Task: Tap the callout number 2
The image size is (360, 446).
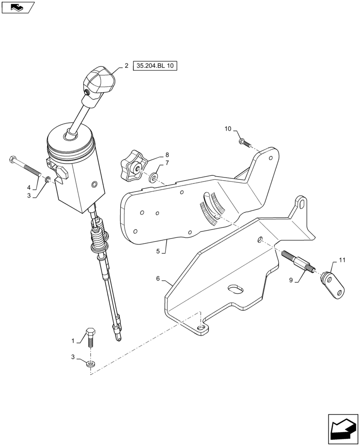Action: point(127,66)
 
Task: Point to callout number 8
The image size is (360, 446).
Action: point(154,155)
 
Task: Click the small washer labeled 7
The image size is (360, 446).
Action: point(154,178)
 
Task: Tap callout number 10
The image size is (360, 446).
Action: point(228,129)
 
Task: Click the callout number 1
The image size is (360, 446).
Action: point(73,341)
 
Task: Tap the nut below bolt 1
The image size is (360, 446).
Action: point(90,363)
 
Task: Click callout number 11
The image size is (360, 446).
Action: point(342,259)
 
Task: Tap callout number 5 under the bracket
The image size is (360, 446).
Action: point(158,251)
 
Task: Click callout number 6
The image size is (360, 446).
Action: point(158,278)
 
